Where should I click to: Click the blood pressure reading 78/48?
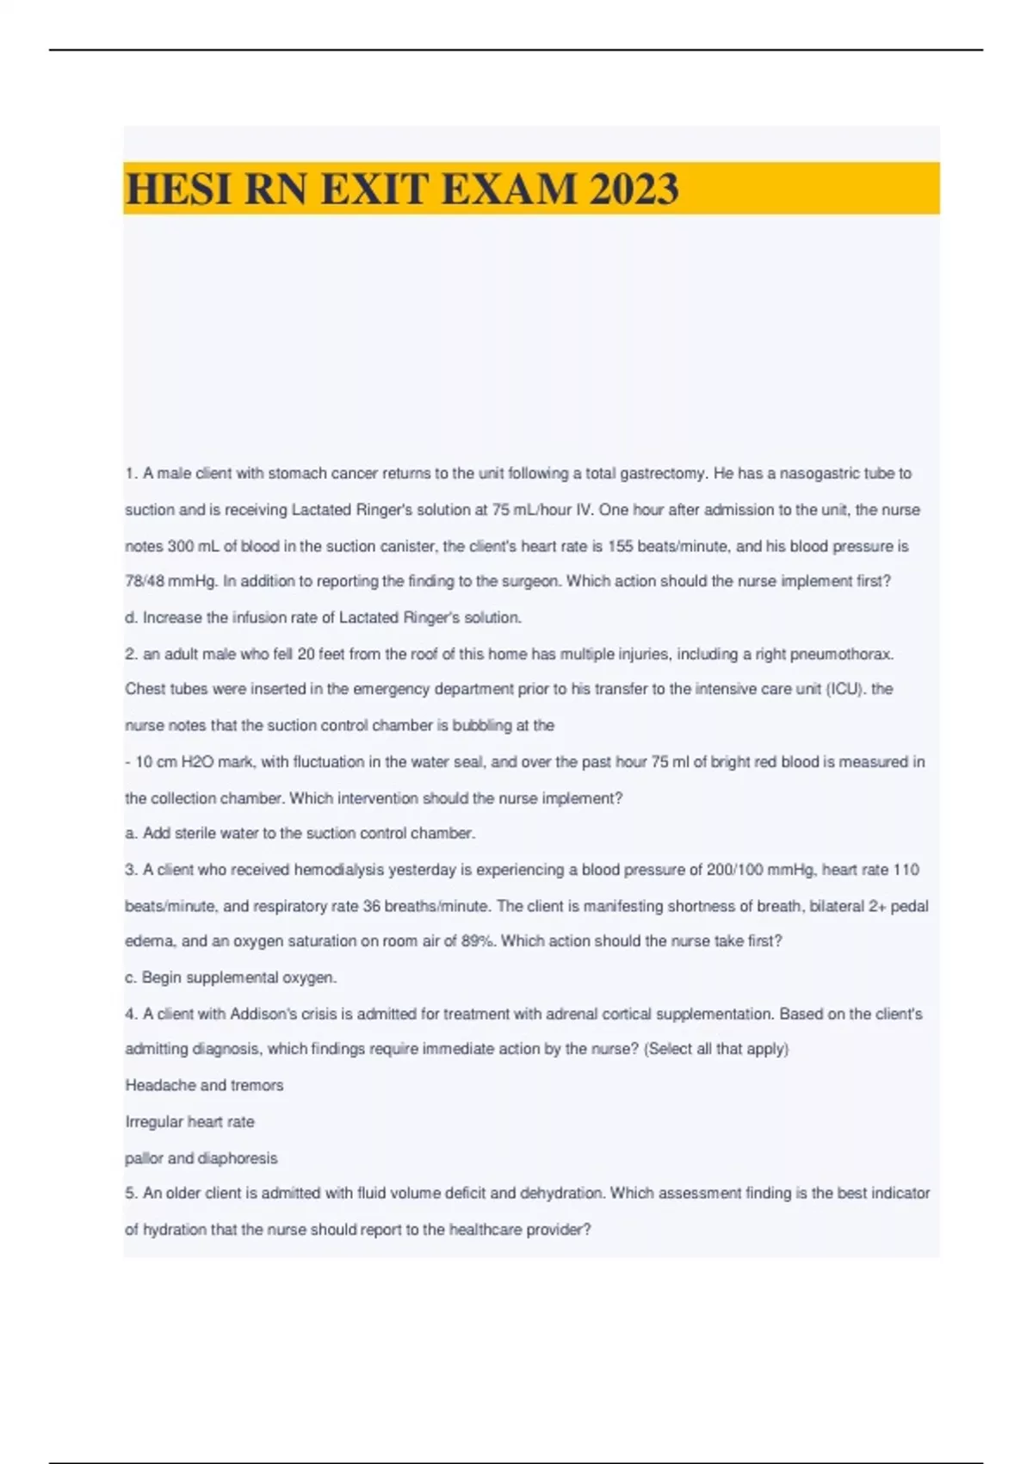(x=145, y=581)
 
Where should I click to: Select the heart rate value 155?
(x=620, y=546)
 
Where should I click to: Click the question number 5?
(x=131, y=1194)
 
